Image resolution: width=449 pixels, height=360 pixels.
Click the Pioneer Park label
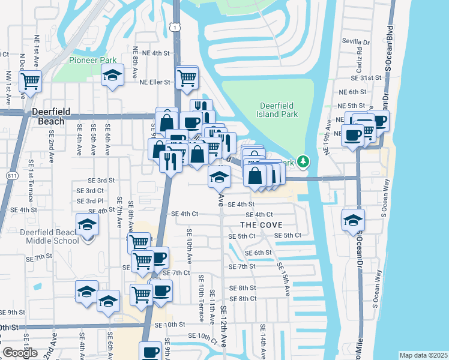pos(92,60)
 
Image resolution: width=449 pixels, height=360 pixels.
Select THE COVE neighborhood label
pos(261,224)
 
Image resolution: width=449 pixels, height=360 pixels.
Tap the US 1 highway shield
pos(173,27)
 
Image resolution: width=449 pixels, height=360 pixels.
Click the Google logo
pos(20,353)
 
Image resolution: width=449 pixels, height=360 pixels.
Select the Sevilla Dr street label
pos(357,42)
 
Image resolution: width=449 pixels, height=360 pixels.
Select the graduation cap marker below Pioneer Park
pos(112,76)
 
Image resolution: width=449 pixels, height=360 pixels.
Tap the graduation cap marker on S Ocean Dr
pos(353,220)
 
